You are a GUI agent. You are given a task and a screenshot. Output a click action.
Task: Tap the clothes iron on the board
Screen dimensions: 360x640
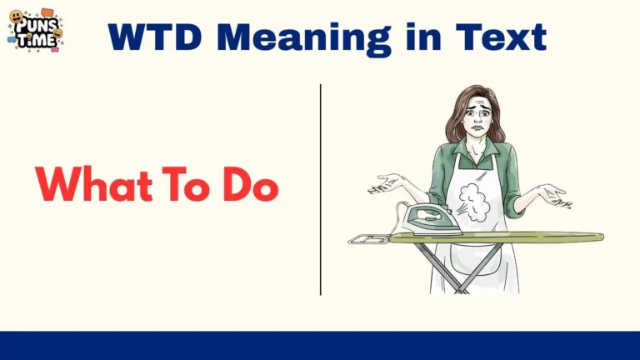(x=429, y=220)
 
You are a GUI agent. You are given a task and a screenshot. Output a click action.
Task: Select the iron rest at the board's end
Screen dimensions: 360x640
(x=367, y=239)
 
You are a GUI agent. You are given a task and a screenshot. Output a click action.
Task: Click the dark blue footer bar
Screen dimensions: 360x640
(x=320, y=345)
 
